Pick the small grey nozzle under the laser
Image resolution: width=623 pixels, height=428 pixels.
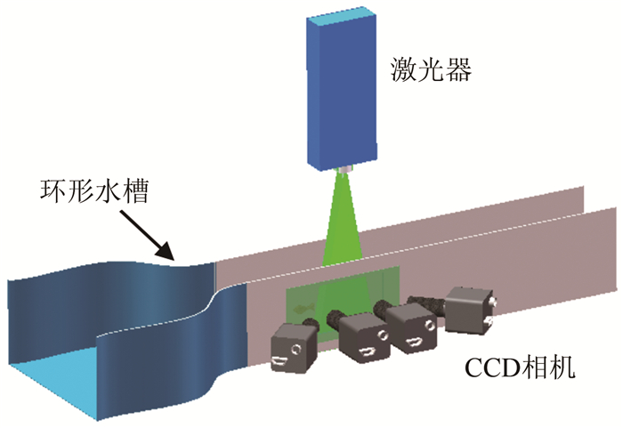click(343, 168)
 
